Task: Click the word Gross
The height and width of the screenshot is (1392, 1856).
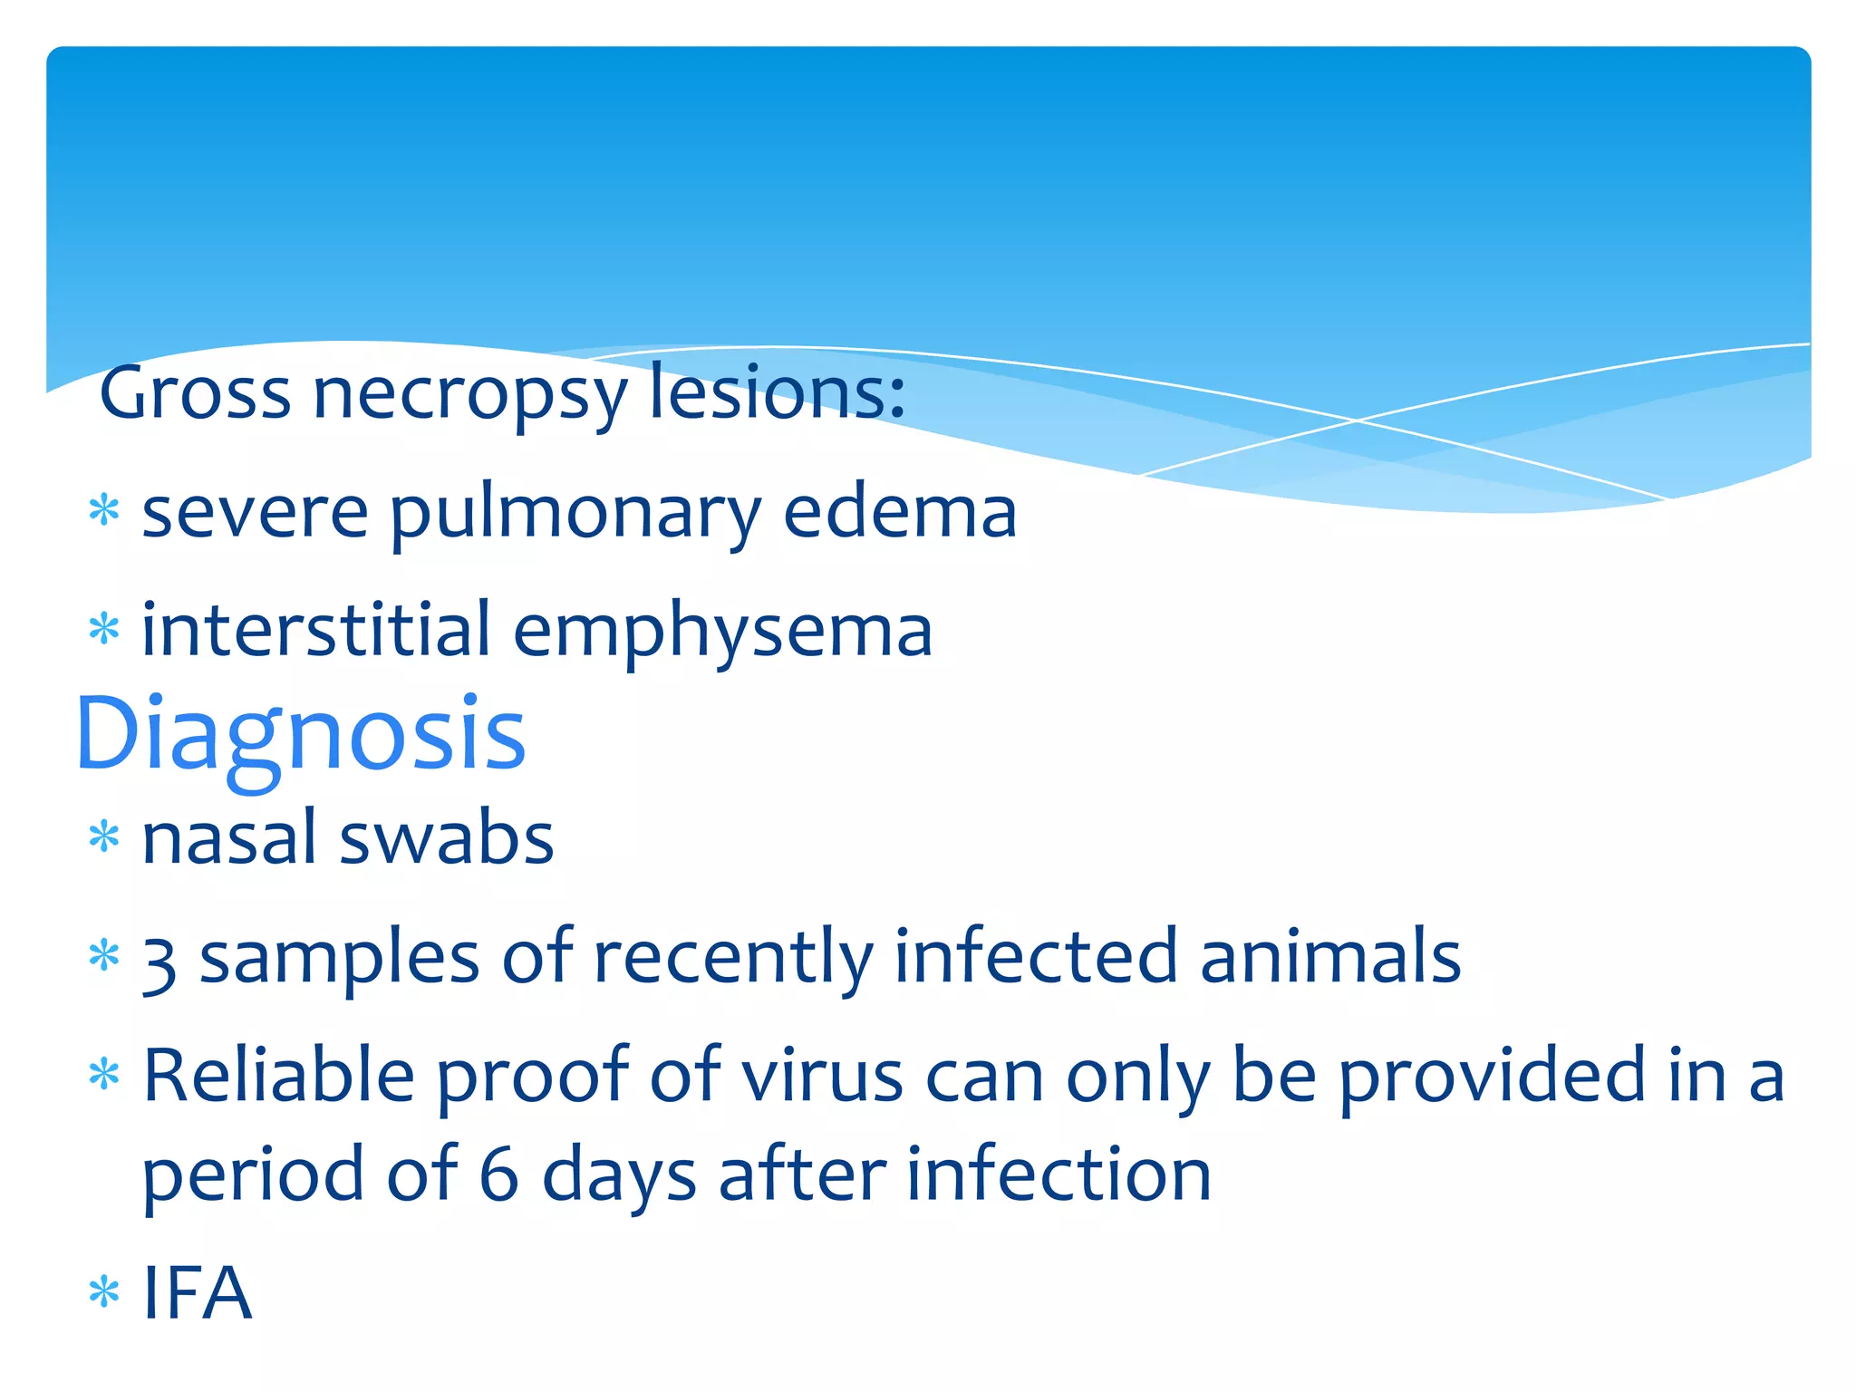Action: pos(195,393)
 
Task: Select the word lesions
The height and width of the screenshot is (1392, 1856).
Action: pos(777,391)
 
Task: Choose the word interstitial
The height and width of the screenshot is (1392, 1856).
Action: pos(316,629)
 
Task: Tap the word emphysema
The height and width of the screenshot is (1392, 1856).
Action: pos(722,633)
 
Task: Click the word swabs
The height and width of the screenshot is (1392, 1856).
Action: pos(446,837)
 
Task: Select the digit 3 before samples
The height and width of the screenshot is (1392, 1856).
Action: pos(159,962)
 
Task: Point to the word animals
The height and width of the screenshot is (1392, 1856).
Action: pos(1330,957)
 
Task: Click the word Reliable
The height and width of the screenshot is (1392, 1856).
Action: pos(279,1077)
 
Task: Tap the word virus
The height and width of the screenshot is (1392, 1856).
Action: pos(822,1077)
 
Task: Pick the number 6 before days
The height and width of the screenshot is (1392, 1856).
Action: pos(498,1174)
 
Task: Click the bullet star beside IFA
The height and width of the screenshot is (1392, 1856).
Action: pos(104,1292)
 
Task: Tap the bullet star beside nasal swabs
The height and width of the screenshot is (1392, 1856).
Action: pos(104,837)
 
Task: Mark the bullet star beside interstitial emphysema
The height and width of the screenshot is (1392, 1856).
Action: pos(104,628)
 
